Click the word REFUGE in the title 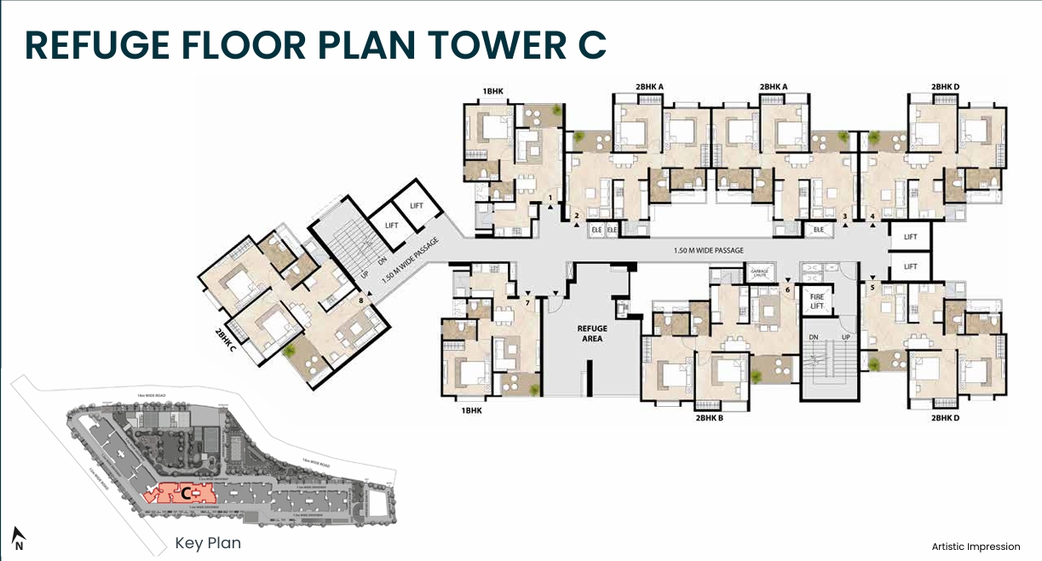(x=97, y=45)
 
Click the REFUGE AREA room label (x=591, y=333)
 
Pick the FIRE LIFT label (x=816, y=301)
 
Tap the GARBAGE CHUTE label (x=758, y=274)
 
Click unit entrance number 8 (x=362, y=299)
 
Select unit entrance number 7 (x=527, y=302)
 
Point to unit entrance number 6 (x=787, y=289)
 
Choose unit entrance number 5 (x=872, y=288)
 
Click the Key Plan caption (x=208, y=542)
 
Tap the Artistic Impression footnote (x=976, y=546)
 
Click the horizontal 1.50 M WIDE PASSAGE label (x=708, y=250)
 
